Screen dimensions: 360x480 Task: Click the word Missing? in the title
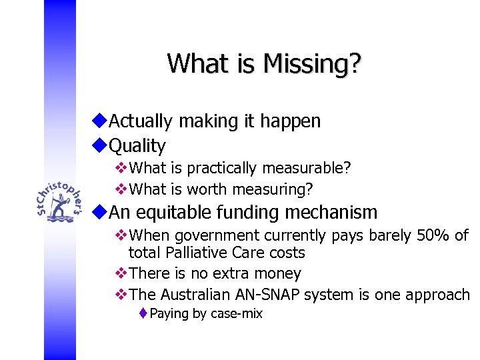click(313, 63)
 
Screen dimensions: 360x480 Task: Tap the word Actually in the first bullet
click(141, 121)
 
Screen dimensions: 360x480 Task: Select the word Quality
click(137, 145)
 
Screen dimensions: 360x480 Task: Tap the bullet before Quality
click(100, 145)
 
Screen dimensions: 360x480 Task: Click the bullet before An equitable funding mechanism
click(100, 212)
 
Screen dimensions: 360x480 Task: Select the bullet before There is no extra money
click(121, 273)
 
